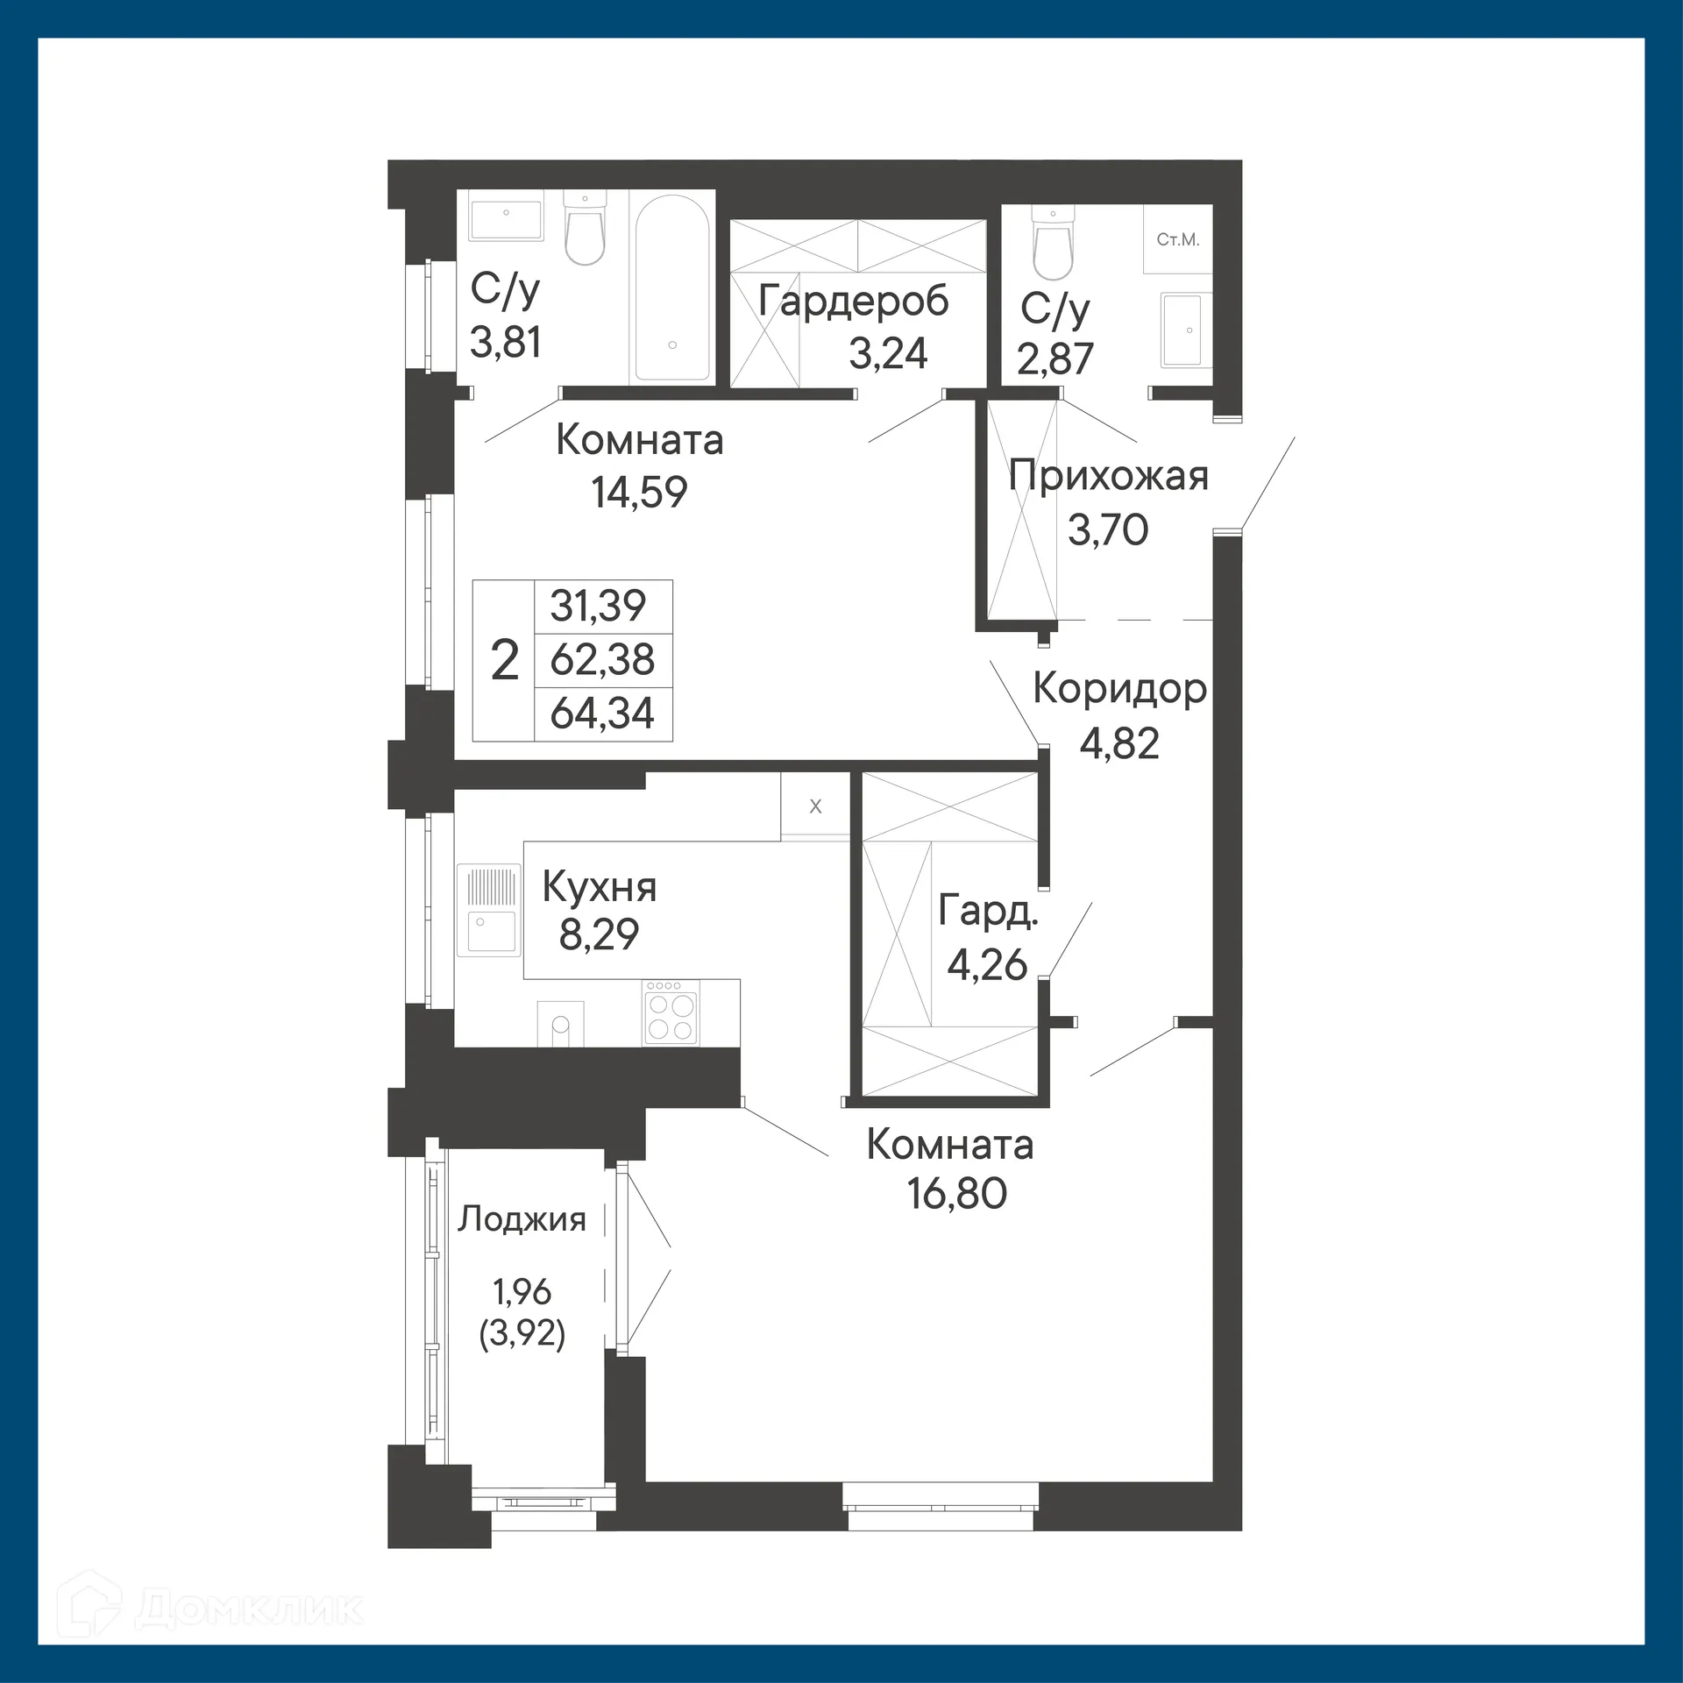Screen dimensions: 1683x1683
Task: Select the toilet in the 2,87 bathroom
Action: click(x=1053, y=240)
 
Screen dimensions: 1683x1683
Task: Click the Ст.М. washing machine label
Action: click(x=1177, y=240)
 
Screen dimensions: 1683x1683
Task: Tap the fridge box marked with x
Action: click(x=815, y=806)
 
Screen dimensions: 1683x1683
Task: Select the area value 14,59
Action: click(x=639, y=493)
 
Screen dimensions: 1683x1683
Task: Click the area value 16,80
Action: click(x=957, y=1194)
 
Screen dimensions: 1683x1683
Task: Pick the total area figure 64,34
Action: click(x=602, y=713)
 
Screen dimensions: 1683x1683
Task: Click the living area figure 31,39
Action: click(x=599, y=605)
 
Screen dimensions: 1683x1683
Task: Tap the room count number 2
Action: click(x=505, y=660)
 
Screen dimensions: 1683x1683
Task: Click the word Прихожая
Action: click(x=1108, y=477)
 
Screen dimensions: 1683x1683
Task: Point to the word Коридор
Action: click(x=1119, y=689)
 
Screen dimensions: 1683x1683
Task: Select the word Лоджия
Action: click(x=522, y=1220)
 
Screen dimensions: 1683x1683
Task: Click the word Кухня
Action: click(x=600, y=888)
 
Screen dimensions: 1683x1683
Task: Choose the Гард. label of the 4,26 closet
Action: click(x=988, y=912)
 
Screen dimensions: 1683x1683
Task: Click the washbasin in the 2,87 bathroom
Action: click(x=1181, y=330)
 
